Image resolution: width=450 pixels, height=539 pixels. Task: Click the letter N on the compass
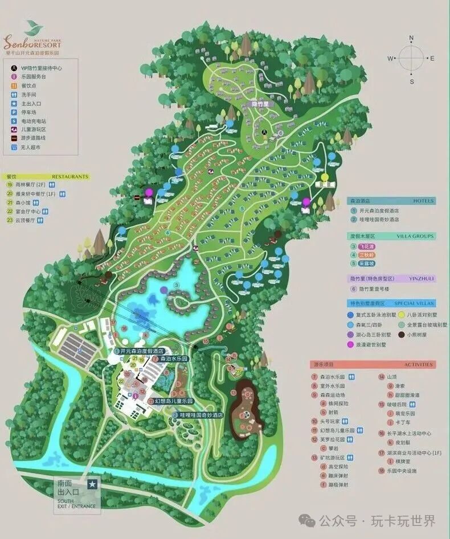click(x=411, y=38)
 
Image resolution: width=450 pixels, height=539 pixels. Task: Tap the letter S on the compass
click(x=411, y=81)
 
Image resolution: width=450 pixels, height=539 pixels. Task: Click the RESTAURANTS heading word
click(x=71, y=176)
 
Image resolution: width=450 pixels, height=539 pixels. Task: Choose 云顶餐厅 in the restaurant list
click(x=26, y=219)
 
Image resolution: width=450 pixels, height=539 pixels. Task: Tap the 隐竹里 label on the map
click(x=263, y=105)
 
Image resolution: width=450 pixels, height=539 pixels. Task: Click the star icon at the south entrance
click(x=92, y=484)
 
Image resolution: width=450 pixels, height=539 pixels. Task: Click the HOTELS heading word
click(x=423, y=201)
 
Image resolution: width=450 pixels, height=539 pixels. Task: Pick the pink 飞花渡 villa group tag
click(x=367, y=246)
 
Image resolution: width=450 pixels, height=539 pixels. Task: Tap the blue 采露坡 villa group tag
click(x=367, y=263)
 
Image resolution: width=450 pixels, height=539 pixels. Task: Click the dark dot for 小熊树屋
click(x=402, y=335)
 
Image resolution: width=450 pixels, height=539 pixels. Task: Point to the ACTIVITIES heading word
click(x=419, y=364)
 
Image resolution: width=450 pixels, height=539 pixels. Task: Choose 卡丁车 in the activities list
click(x=403, y=423)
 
